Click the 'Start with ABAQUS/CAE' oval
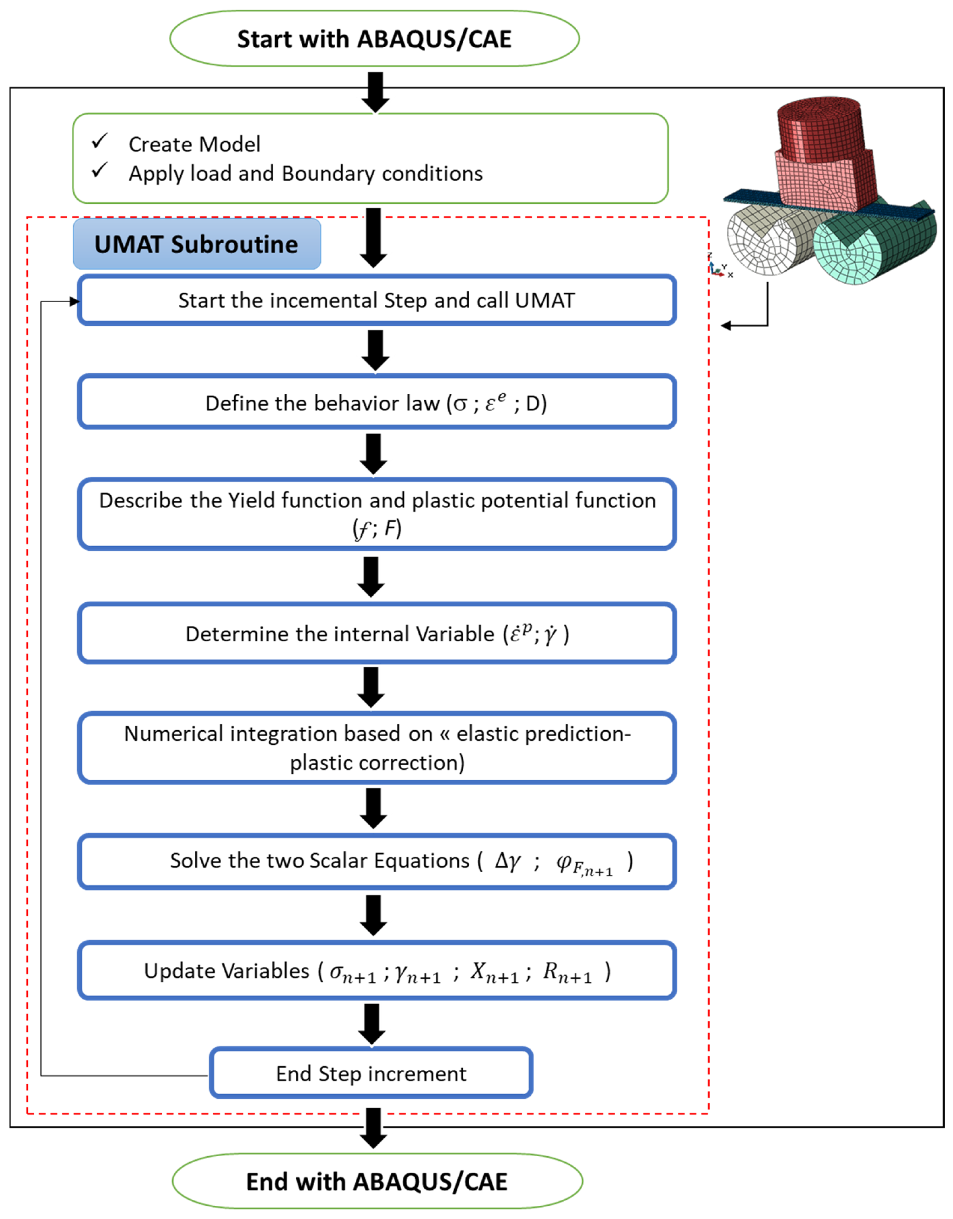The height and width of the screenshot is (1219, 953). coord(374,39)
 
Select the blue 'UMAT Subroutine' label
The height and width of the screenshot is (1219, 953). coord(196,244)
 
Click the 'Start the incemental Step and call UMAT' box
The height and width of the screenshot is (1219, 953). coord(377,300)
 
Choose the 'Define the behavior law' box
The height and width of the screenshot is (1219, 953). coord(377,402)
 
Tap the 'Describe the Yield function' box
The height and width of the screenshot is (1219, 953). coord(377,514)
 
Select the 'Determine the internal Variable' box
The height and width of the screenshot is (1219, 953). coord(377,634)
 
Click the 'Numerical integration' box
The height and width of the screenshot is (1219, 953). coord(377,748)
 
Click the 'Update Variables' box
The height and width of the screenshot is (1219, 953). coord(377,971)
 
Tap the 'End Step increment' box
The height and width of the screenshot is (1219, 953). coord(371,1073)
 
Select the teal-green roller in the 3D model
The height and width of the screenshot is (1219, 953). coord(871,245)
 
